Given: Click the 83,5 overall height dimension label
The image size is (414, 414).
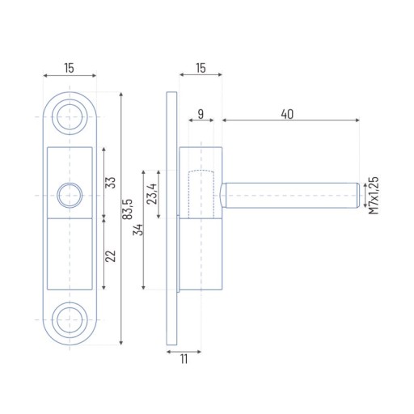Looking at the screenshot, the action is pyautogui.click(x=129, y=209).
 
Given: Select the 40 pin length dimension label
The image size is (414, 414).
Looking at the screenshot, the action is pyautogui.click(x=287, y=114).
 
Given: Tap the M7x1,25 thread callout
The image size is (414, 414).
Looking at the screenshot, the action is pyautogui.click(x=374, y=196).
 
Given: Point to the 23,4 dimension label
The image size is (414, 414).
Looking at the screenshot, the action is pyautogui.click(x=152, y=194).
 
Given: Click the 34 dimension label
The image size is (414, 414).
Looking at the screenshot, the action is pyautogui.click(x=137, y=230).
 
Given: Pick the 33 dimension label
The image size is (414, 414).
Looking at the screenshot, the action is pyautogui.click(x=111, y=183).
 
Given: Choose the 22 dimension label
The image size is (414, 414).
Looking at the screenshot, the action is pyautogui.click(x=111, y=256).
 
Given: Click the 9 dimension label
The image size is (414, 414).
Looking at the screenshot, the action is pyautogui.click(x=201, y=114).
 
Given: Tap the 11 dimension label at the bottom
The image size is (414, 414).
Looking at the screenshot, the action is pyautogui.click(x=184, y=359).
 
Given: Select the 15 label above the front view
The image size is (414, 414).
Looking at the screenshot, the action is pyautogui.click(x=69, y=68).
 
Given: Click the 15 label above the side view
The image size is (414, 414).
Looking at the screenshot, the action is pyautogui.click(x=201, y=68).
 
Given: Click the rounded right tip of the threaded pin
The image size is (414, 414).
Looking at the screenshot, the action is pyautogui.click(x=358, y=196).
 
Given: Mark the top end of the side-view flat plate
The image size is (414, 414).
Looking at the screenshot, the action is pyautogui.click(x=171, y=92).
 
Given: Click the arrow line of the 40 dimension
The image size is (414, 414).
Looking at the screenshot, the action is pyautogui.click(x=290, y=120).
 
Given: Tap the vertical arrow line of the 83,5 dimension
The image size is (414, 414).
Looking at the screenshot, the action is pyautogui.click(x=121, y=218).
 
